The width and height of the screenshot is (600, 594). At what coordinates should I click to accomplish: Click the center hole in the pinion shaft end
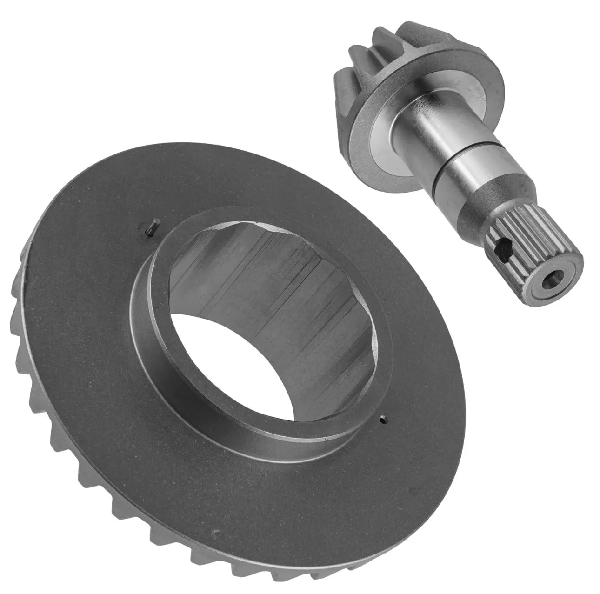551,284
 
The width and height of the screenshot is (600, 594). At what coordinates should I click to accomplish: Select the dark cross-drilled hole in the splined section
501,251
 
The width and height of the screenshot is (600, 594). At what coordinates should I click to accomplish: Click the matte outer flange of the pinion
372,135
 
